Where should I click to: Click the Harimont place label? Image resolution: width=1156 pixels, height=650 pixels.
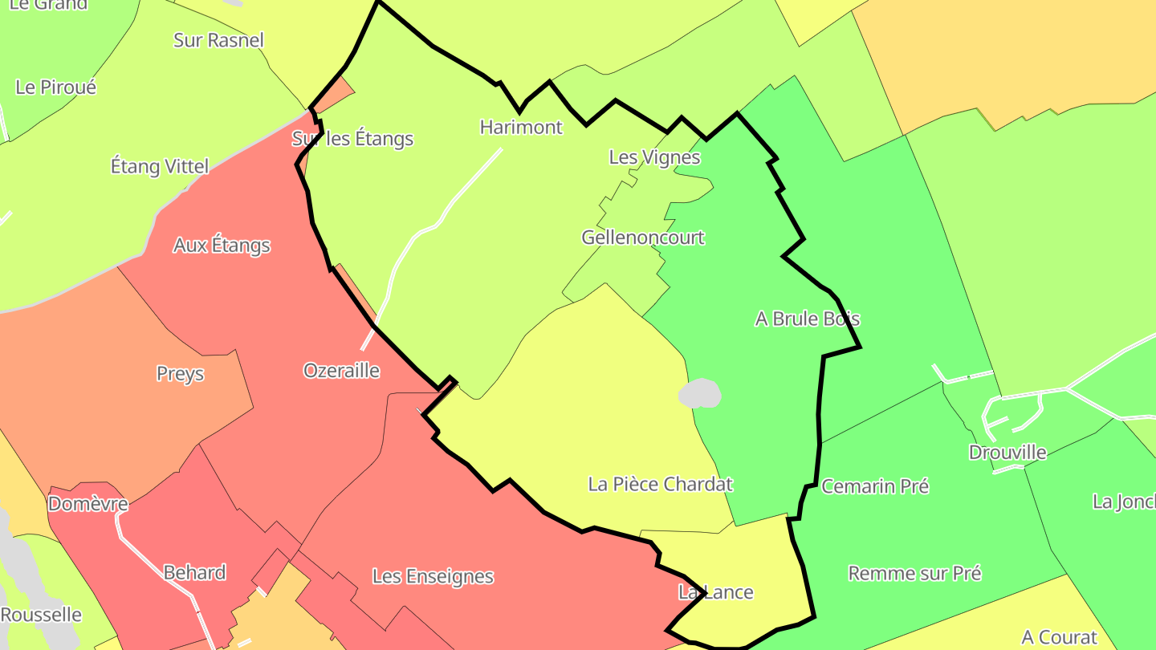(x=521, y=127)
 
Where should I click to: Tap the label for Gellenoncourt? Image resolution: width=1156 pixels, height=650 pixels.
(x=642, y=238)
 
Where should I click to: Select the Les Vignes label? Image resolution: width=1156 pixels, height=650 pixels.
(x=654, y=157)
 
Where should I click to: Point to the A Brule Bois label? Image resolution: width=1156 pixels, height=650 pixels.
(x=807, y=319)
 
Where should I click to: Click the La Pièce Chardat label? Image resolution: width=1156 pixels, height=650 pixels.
(x=660, y=484)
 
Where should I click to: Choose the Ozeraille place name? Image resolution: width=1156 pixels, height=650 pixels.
(x=341, y=371)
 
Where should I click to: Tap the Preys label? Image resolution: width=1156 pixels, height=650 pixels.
(x=180, y=374)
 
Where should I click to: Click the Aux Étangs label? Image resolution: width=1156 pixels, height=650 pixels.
(x=222, y=245)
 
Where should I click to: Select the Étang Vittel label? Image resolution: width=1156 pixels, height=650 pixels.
(x=159, y=166)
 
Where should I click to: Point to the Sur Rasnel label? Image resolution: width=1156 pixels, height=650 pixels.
(x=218, y=40)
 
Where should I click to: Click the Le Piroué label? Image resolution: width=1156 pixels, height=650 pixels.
(x=55, y=87)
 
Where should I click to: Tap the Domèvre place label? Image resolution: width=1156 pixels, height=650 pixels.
(x=88, y=504)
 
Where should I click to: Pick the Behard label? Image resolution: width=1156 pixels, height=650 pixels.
(x=194, y=572)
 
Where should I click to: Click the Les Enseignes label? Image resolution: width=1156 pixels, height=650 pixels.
(x=433, y=576)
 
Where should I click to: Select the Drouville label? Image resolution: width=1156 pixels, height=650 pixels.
(x=1007, y=452)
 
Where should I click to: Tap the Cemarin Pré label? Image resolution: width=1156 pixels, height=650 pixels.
(x=875, y=486)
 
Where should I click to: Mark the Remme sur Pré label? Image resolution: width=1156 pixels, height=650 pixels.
(x=914, y=573)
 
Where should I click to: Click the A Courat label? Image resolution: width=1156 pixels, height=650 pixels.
(x=1059, y=637)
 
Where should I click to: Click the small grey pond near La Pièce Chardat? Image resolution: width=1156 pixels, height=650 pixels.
(x=699, y=393)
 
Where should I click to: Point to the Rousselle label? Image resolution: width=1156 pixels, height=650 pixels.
(x=41, y=615)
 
